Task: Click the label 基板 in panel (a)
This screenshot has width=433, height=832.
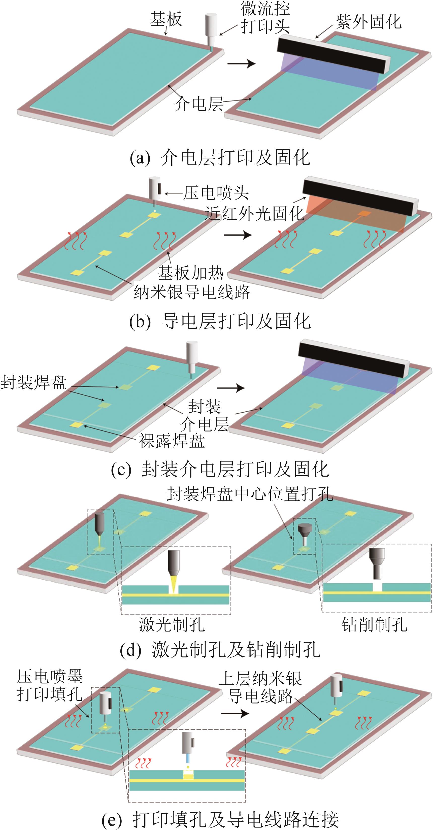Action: (x=166, y=19)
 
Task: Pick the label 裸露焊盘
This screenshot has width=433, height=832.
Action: (x=172, y=441)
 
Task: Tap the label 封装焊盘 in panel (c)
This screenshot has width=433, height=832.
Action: (x=34, y=382)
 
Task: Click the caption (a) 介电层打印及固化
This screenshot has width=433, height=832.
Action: (x=220, y=158)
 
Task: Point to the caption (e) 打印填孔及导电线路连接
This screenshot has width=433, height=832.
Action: (x=220, y=819)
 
